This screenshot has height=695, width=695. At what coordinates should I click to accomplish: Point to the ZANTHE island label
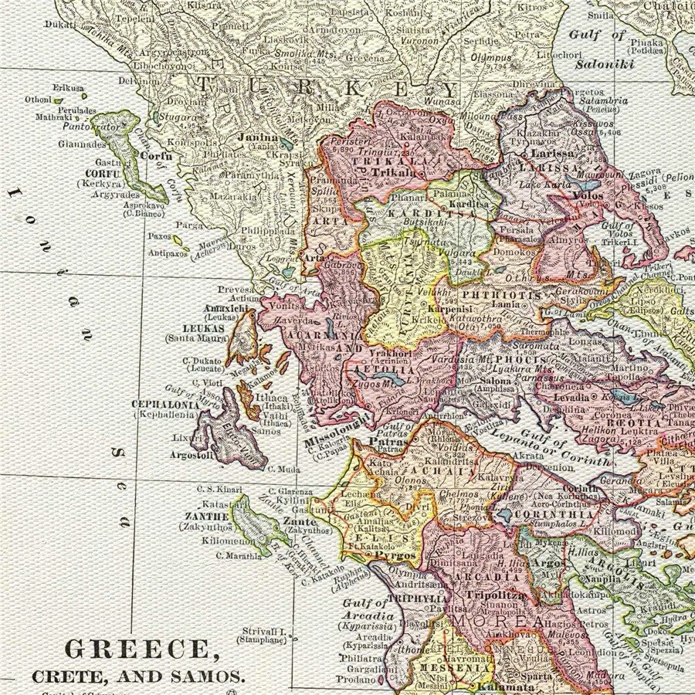pos(205,516)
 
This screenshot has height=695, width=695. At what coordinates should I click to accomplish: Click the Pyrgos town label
pos(400,555)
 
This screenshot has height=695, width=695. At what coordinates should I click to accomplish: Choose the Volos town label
pos(588,195)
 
